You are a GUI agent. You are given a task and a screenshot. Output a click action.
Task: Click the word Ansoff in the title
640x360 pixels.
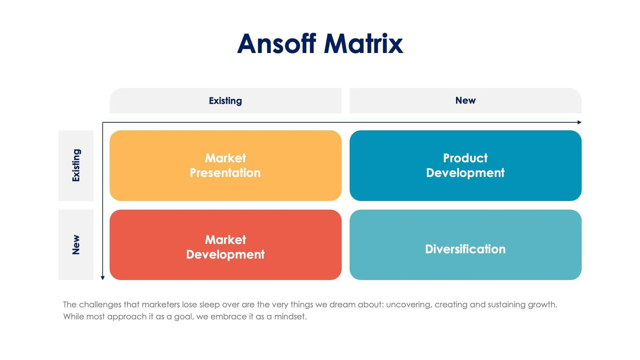pyautogui.click(x=276, y=44)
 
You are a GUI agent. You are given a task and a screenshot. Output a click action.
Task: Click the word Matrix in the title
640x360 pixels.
pyautogui.click(x=363, y=44)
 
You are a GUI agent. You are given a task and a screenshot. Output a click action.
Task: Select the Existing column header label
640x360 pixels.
pyautogui.click(x=225, y=101)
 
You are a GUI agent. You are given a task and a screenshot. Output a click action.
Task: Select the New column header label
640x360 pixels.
pyautogui.click(x=465, y=100)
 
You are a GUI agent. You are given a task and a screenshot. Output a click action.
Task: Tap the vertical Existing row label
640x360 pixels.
pyautogui.click(x=76, y=165)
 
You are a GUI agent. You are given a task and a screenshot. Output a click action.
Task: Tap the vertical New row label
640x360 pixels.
pyautogui.click(x=76, y=245)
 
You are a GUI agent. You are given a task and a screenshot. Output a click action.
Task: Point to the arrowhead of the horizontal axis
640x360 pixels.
pyautogui.click(x=580, y=122)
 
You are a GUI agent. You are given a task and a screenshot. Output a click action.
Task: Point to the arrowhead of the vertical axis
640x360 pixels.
pyautogui.click(x=103, y=278)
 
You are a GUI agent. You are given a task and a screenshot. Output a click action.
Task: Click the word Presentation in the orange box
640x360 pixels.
pyautogui.click(x=225, y=173)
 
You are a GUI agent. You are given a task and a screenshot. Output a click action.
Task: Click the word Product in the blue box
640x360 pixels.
pyautogui.click(x=465, y=158)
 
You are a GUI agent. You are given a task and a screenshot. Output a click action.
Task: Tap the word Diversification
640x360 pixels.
pyautogui.click(x=465, y=249)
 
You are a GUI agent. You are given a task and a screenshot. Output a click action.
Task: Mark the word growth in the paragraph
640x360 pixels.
pyautogui.click(x=544, y=305)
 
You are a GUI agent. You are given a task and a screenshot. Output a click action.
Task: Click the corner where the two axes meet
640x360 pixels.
pyautogui.click(x=103, y=122)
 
